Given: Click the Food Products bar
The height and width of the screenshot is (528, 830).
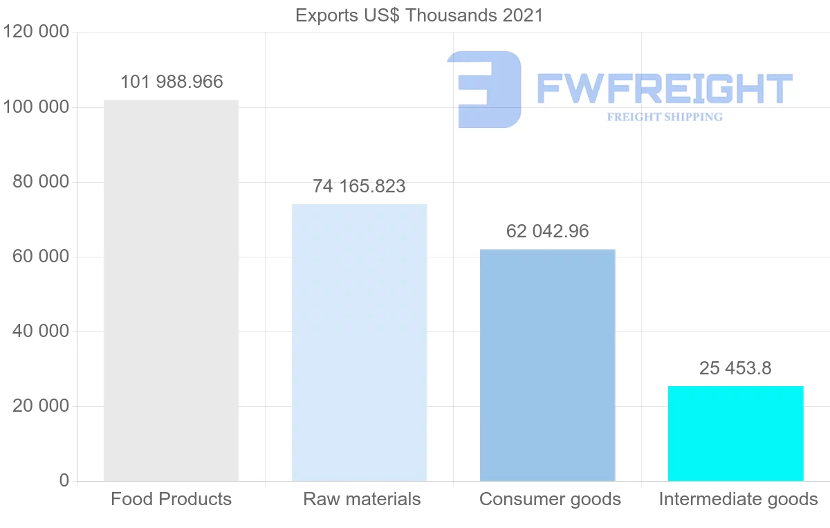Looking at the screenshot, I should coord(171,291).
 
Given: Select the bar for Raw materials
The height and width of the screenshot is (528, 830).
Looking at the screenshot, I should coord(359,343).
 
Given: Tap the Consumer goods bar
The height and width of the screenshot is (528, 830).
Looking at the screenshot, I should coord(547,365).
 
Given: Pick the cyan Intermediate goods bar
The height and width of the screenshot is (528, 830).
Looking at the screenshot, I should coord(735,433).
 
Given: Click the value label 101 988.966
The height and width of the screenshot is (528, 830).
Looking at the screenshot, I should coord(172,82).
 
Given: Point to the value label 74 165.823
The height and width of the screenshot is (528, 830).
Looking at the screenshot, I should coord(359,186).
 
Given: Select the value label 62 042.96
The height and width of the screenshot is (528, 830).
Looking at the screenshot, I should coord(547,231).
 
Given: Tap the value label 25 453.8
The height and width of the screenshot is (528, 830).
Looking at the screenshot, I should coord(735,368).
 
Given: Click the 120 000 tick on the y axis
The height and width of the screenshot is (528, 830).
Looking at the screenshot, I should coord(35,33).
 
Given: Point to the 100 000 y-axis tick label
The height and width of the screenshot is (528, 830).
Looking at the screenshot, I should coord(35,107).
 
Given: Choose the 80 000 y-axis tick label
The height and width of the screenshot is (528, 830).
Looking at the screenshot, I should coord(41,182).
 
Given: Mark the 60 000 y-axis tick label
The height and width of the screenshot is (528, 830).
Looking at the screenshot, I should coord(41,257).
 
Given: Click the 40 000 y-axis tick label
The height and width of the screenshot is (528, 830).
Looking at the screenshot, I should coord(41,331).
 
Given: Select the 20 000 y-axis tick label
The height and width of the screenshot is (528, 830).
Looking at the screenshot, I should coord(41,406).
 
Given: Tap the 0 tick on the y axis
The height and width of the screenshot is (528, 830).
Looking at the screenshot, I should coord(64,481).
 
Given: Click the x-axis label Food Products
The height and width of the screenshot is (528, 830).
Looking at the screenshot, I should coord(171,499).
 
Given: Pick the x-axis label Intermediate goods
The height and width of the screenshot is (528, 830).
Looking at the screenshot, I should coord(738,499).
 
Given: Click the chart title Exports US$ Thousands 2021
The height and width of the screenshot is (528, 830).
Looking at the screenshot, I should coord(419,15).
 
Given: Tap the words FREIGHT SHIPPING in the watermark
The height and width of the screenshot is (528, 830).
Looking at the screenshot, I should coord(665,117).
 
